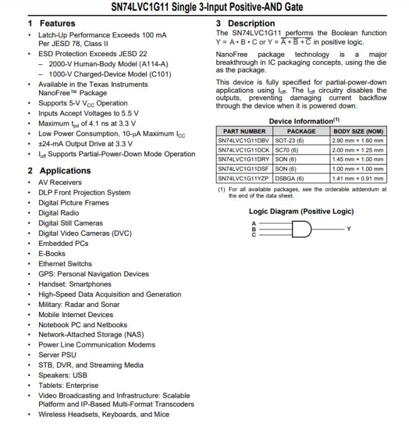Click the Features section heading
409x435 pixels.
[x=57, y=23]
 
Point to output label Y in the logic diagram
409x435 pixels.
[x=349, y=229]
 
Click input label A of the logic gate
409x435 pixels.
[x=254, y=224]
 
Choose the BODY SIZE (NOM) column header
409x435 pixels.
[x=358, y=130]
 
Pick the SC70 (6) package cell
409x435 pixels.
[x=287, y=150]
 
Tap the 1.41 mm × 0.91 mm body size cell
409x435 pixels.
[x=358, y=178]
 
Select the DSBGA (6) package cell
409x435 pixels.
[x=289, y=178]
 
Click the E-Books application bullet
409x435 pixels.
[x=52, y=253]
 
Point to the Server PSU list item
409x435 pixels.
[x=57, y=355]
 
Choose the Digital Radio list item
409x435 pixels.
[x=59, y=213]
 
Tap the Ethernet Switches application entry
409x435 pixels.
[x=65, y=264]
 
